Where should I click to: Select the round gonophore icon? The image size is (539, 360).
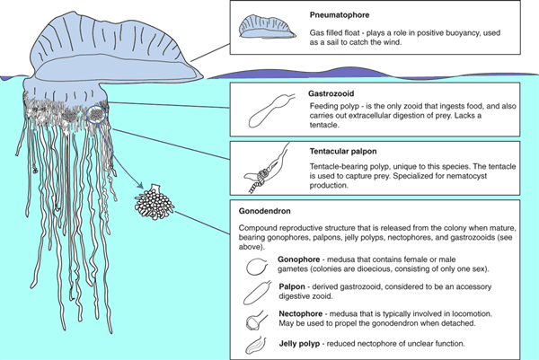coord(257,266)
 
